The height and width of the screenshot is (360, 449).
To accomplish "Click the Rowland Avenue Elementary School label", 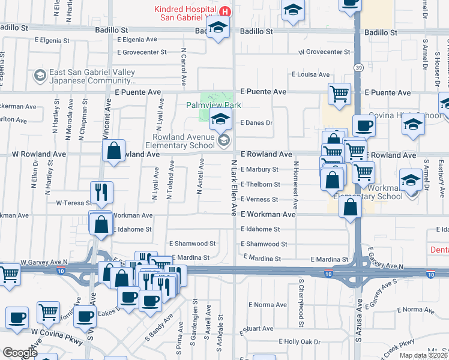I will pyautogui.click(x=180, y=140).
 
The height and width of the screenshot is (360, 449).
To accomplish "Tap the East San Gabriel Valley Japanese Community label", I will pyautogui.click(x=92, y=76).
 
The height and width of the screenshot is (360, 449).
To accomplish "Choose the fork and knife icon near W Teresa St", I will pyautogui.click(x=101, y=192).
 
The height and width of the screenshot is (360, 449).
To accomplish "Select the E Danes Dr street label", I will pyautogui.click(x=256, y=123).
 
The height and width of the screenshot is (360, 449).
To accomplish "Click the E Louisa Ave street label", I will pyautogui.click(x=311, y=74).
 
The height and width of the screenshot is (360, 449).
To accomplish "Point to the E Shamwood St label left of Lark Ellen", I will pyautogui.click(x=192, y=244).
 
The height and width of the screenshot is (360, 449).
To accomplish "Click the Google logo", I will pyautogui.click(x=20, y=353).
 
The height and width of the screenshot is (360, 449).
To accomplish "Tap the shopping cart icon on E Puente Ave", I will pyautogui.click(x=339, y=94).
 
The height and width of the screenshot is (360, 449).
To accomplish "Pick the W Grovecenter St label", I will pyautogui.click(x=324, y=52).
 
